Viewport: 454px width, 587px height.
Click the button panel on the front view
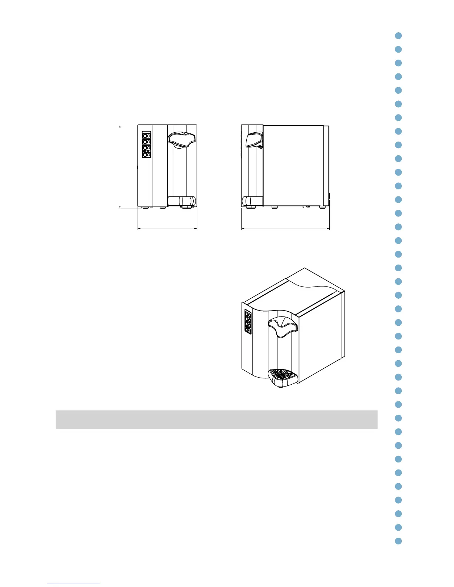tap(147, 145)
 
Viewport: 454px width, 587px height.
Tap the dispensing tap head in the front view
tap(181, 139)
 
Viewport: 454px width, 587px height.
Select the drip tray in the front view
tap(181, 201)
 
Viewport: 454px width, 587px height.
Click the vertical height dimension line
tap(120, 167)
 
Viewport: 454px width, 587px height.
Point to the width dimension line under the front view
tap(167, 229)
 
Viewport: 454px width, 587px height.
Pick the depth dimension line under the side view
tap(286, 229)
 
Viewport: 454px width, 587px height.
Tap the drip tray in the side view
tap(252, 201)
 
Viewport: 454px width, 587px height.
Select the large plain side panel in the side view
tap(293, 165)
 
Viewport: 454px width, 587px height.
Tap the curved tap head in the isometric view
tap(283, 327)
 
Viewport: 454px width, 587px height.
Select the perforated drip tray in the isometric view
tap(283, 376)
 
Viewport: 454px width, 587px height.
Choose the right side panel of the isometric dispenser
tap(321, 341)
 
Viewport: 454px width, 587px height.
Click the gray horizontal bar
tap(216, 419)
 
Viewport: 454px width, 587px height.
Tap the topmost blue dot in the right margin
tap(398, 36)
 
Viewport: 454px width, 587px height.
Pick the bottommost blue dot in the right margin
tap(398, 541)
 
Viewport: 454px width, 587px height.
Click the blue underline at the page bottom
tap(73, 584)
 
